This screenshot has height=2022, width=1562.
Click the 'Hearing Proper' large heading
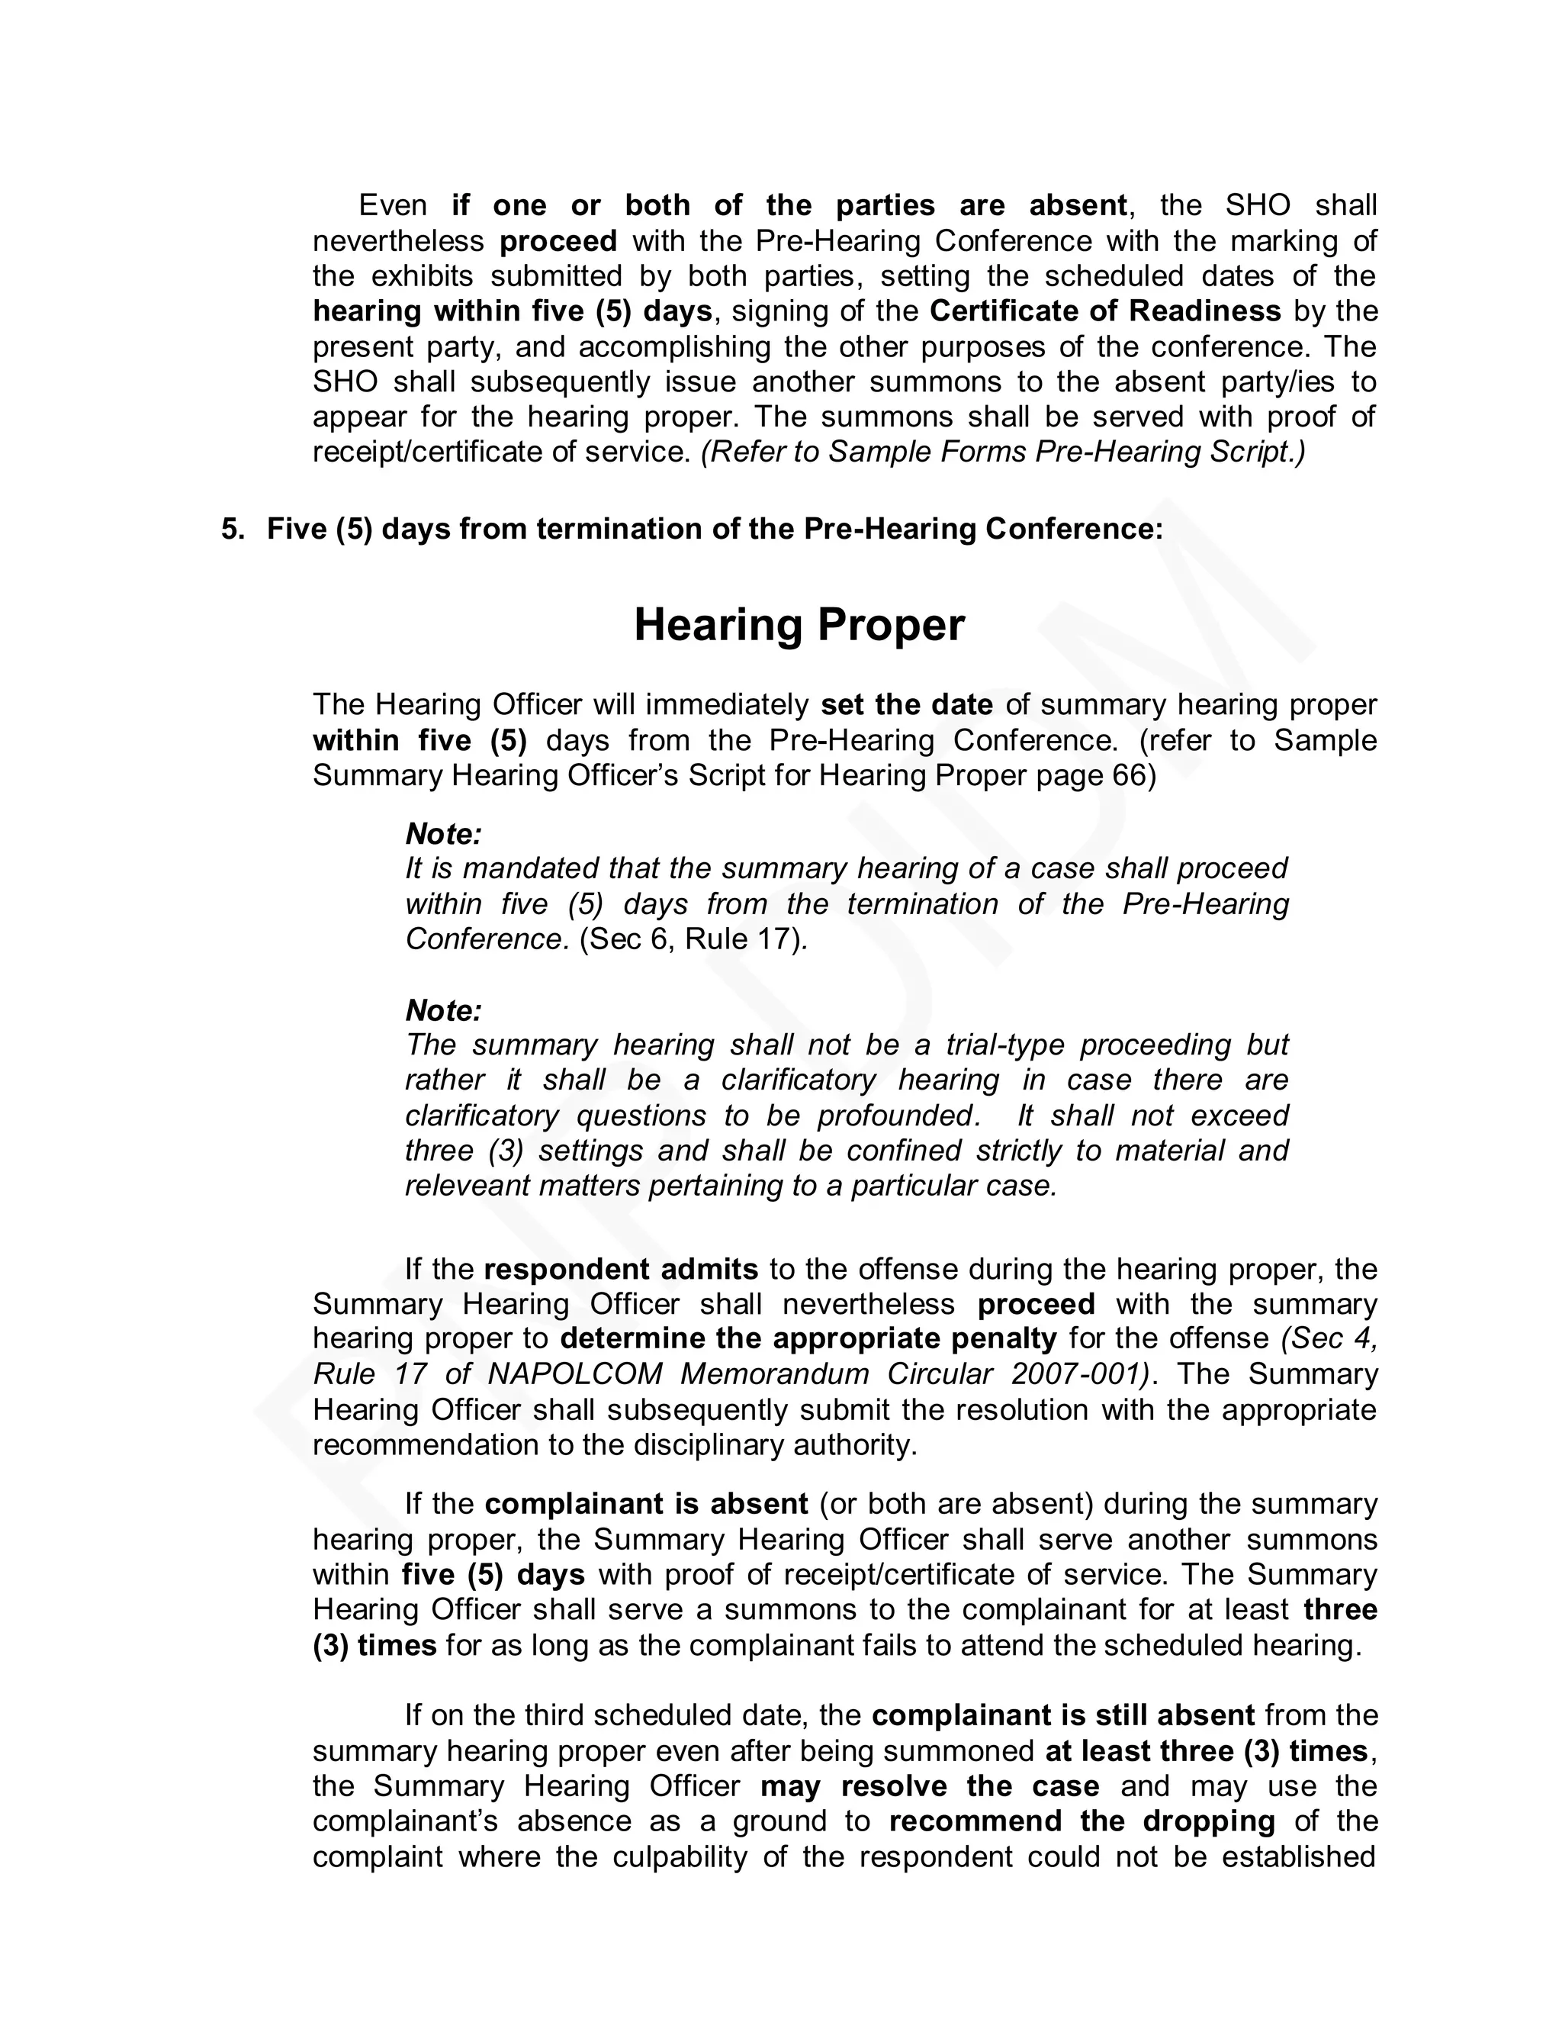click(799, 625)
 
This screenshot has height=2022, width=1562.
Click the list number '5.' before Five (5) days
click(233, 530)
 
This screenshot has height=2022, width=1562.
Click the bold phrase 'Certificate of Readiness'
click(1105, 311)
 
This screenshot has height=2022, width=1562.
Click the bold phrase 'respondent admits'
click(621, 1270)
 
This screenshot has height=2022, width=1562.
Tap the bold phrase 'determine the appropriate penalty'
click(808, 1339)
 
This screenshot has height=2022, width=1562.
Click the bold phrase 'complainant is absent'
click(646, 1505)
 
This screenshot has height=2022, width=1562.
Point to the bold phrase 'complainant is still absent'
click(1063, 1715)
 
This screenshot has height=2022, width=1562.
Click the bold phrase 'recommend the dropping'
click(1082, 1821)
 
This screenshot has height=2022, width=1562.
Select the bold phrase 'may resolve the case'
click(930, 1786)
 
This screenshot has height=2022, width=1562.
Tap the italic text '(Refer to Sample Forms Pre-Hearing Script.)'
click(1003, 452)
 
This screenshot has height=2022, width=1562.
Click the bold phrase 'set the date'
click(907, 706)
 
